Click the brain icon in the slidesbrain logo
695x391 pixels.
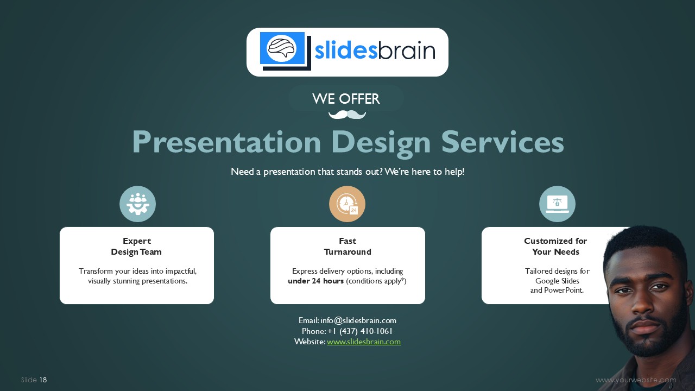click(282, 48)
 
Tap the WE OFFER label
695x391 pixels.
click(346, 99)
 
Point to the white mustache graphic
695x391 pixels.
click(347, 115)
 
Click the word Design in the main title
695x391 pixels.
click(381, 142)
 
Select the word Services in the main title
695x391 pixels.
click(503, 142)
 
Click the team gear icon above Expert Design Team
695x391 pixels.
click(138, 204)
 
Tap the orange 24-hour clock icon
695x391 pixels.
click(347, 204)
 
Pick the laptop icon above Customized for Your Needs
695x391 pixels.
click(557, 204)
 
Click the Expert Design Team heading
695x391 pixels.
click(136, 247)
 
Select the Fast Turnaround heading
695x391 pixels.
click(347, 247)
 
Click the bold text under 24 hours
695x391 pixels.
click(316, 281)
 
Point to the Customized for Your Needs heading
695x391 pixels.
click(555, 247)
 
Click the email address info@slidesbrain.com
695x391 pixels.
click(358, 320)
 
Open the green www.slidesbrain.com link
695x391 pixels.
click(364, 342)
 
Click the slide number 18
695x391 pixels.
click(43, 380)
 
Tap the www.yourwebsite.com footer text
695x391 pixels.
click(636, 380)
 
